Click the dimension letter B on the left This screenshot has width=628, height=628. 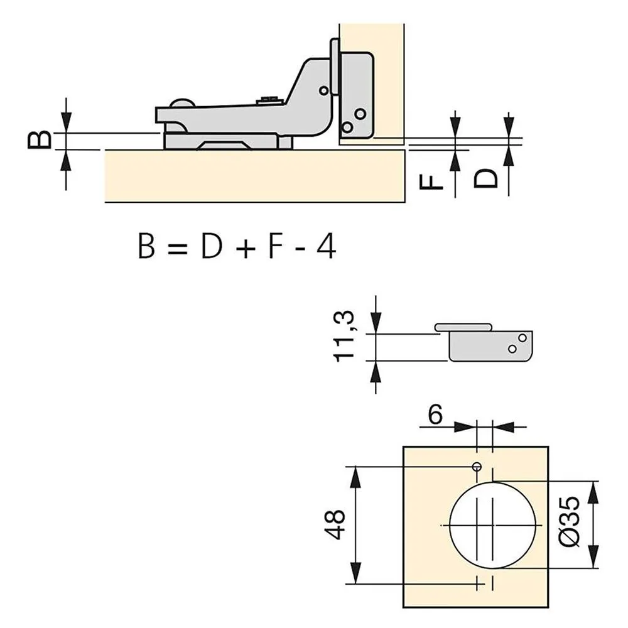click(40, 140)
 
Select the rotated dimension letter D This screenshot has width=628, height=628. click(485, 178)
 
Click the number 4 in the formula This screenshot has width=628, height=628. click(326, 246)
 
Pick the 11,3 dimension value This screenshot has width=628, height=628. click(344, 335)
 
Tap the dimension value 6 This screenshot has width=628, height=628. click(435, 414)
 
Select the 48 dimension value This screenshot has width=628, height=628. click(335, 524)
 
